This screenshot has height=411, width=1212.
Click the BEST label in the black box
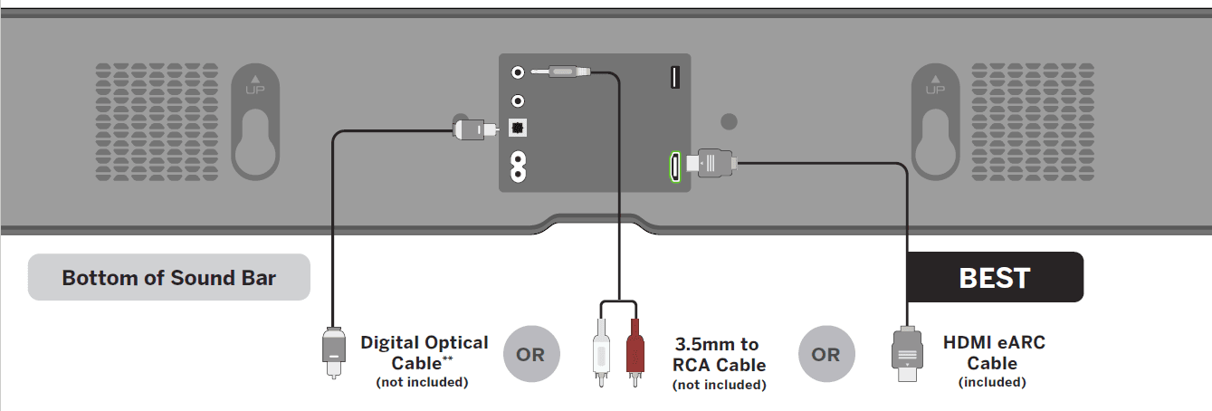(994, 277)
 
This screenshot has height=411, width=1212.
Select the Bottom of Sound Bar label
(168, 277)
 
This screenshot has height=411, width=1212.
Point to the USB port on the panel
(675, 78)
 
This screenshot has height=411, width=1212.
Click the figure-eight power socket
(518, 167)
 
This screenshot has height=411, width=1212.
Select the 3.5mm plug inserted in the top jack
(561, 71)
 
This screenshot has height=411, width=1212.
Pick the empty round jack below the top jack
(518, 100)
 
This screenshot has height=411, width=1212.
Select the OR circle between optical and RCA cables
(531, 354)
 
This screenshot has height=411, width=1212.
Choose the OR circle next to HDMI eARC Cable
(825, 354)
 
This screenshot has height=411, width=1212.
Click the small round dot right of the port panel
(730, 121)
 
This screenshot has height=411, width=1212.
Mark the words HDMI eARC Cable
(994, 352)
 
